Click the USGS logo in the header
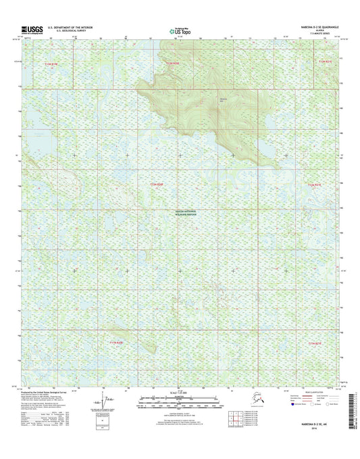click(x=32, y=29)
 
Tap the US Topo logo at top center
click(x=180, y=30)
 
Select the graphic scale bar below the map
click(x=180, y=399)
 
